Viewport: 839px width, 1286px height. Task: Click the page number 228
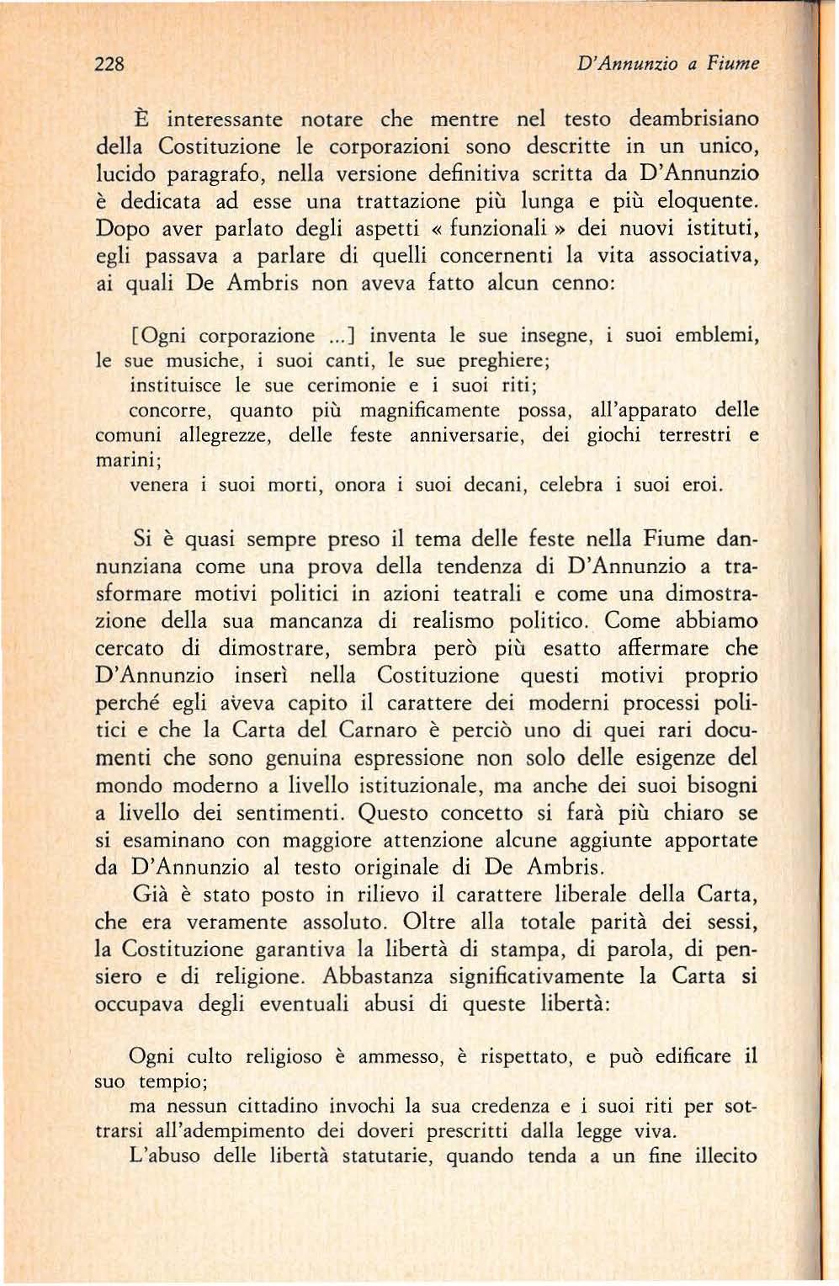pyautogui.click(x=109, y=64)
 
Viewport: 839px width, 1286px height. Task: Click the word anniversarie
pyautogui.click(x=456, y=436)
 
